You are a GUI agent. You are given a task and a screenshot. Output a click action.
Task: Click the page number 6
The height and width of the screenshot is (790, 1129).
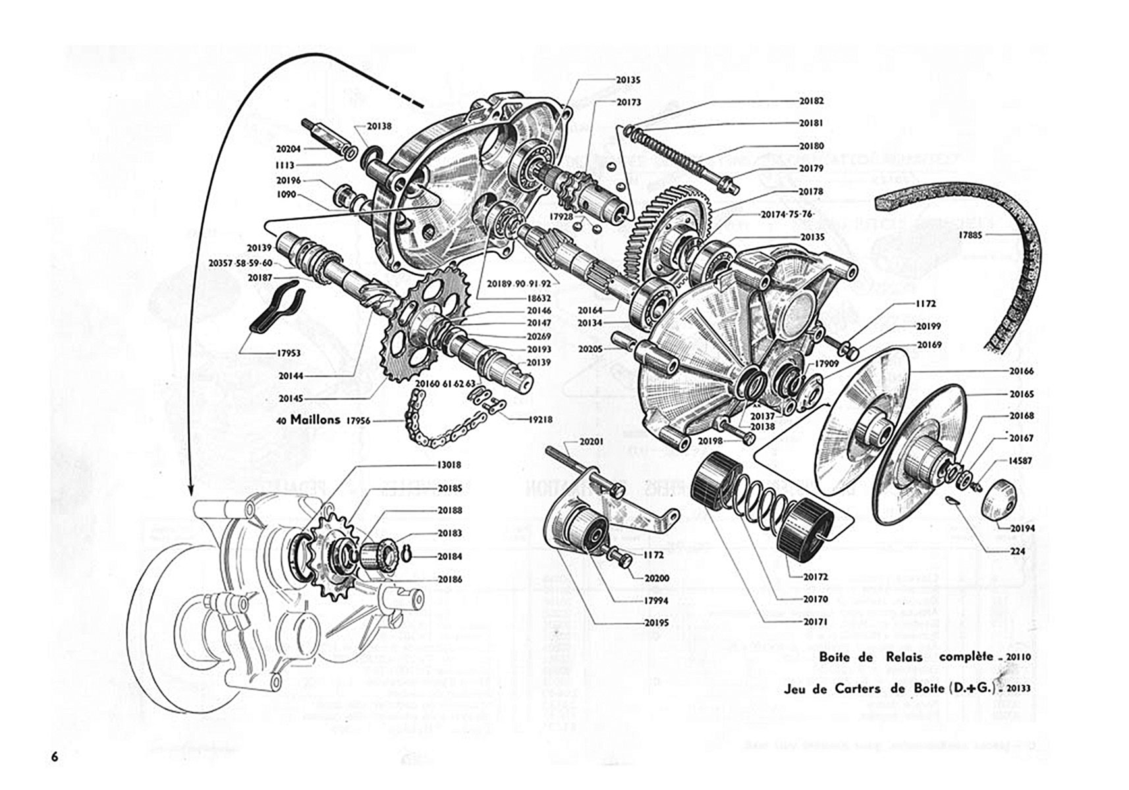(x=55, y=756)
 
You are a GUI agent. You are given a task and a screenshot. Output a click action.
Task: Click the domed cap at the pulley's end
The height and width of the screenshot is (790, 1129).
(x=997, y=500)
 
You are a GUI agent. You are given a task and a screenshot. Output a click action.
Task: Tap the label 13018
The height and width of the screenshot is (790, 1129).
(x=449, y=465)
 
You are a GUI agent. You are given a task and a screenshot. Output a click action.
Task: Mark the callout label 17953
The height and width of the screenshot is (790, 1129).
(x=289, y=354)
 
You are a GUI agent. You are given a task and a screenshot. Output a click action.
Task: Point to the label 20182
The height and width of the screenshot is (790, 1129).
(x=812, y=101)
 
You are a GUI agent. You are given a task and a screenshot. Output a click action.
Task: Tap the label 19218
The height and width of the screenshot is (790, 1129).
(x=539, y=419)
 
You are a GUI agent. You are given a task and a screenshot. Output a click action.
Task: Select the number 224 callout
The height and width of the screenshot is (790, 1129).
(x=1018, y=552)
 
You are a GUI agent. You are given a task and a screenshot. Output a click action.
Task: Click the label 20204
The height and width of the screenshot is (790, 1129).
(x=289, y=149)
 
